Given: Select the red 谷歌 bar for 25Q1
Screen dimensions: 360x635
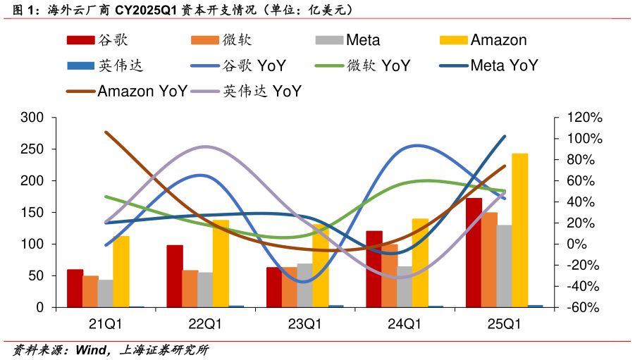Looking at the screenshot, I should tap(474, 253).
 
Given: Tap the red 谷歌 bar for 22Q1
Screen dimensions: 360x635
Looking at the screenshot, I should tap(175, 276).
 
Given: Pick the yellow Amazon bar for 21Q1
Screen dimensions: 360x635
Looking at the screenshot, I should tap(121, 272).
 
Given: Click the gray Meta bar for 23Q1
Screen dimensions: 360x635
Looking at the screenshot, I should tap(304, 285).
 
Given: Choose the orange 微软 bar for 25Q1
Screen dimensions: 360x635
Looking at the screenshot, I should tap(489, 260).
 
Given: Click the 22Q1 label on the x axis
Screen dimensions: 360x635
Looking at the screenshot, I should tap(205, 325).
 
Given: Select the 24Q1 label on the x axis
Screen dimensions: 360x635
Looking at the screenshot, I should tap(405, 325).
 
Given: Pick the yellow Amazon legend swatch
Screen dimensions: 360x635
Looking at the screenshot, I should tap(453, 40).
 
